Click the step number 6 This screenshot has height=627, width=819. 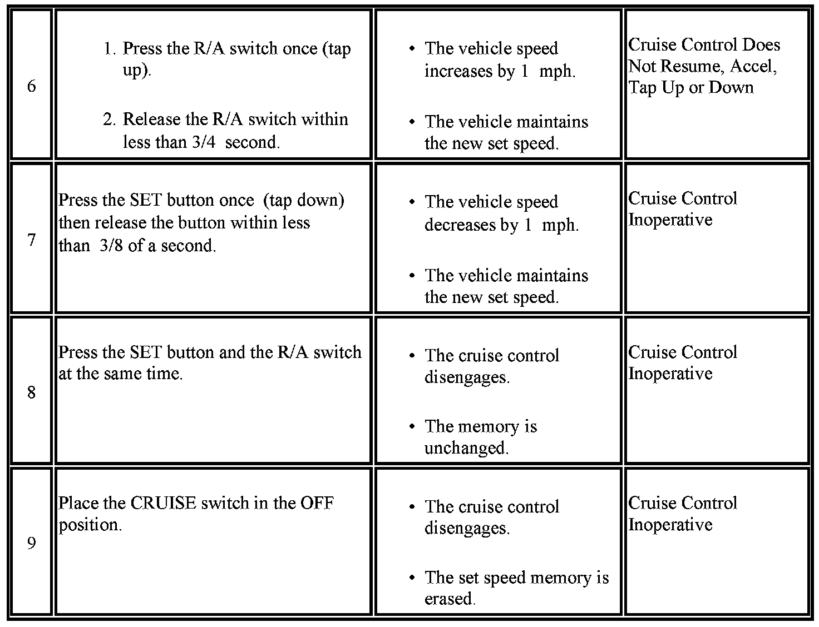(x=31, y=86)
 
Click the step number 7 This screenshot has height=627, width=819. (x=31, y=240)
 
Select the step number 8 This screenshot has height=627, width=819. (x=31, y=393)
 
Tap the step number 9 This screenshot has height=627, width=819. (x=31, y=543)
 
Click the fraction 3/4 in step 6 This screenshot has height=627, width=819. (x=203, y=142)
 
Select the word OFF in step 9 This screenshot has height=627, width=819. (x=317, y=503)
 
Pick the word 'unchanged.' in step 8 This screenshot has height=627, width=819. (x=466, y=448)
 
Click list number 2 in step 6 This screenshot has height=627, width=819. (x=109, y=120)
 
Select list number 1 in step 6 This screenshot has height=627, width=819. (x=109, y=49)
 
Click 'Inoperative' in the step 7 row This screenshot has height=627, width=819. (x=670, y=220)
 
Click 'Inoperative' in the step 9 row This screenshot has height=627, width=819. (x=670, y=525)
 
